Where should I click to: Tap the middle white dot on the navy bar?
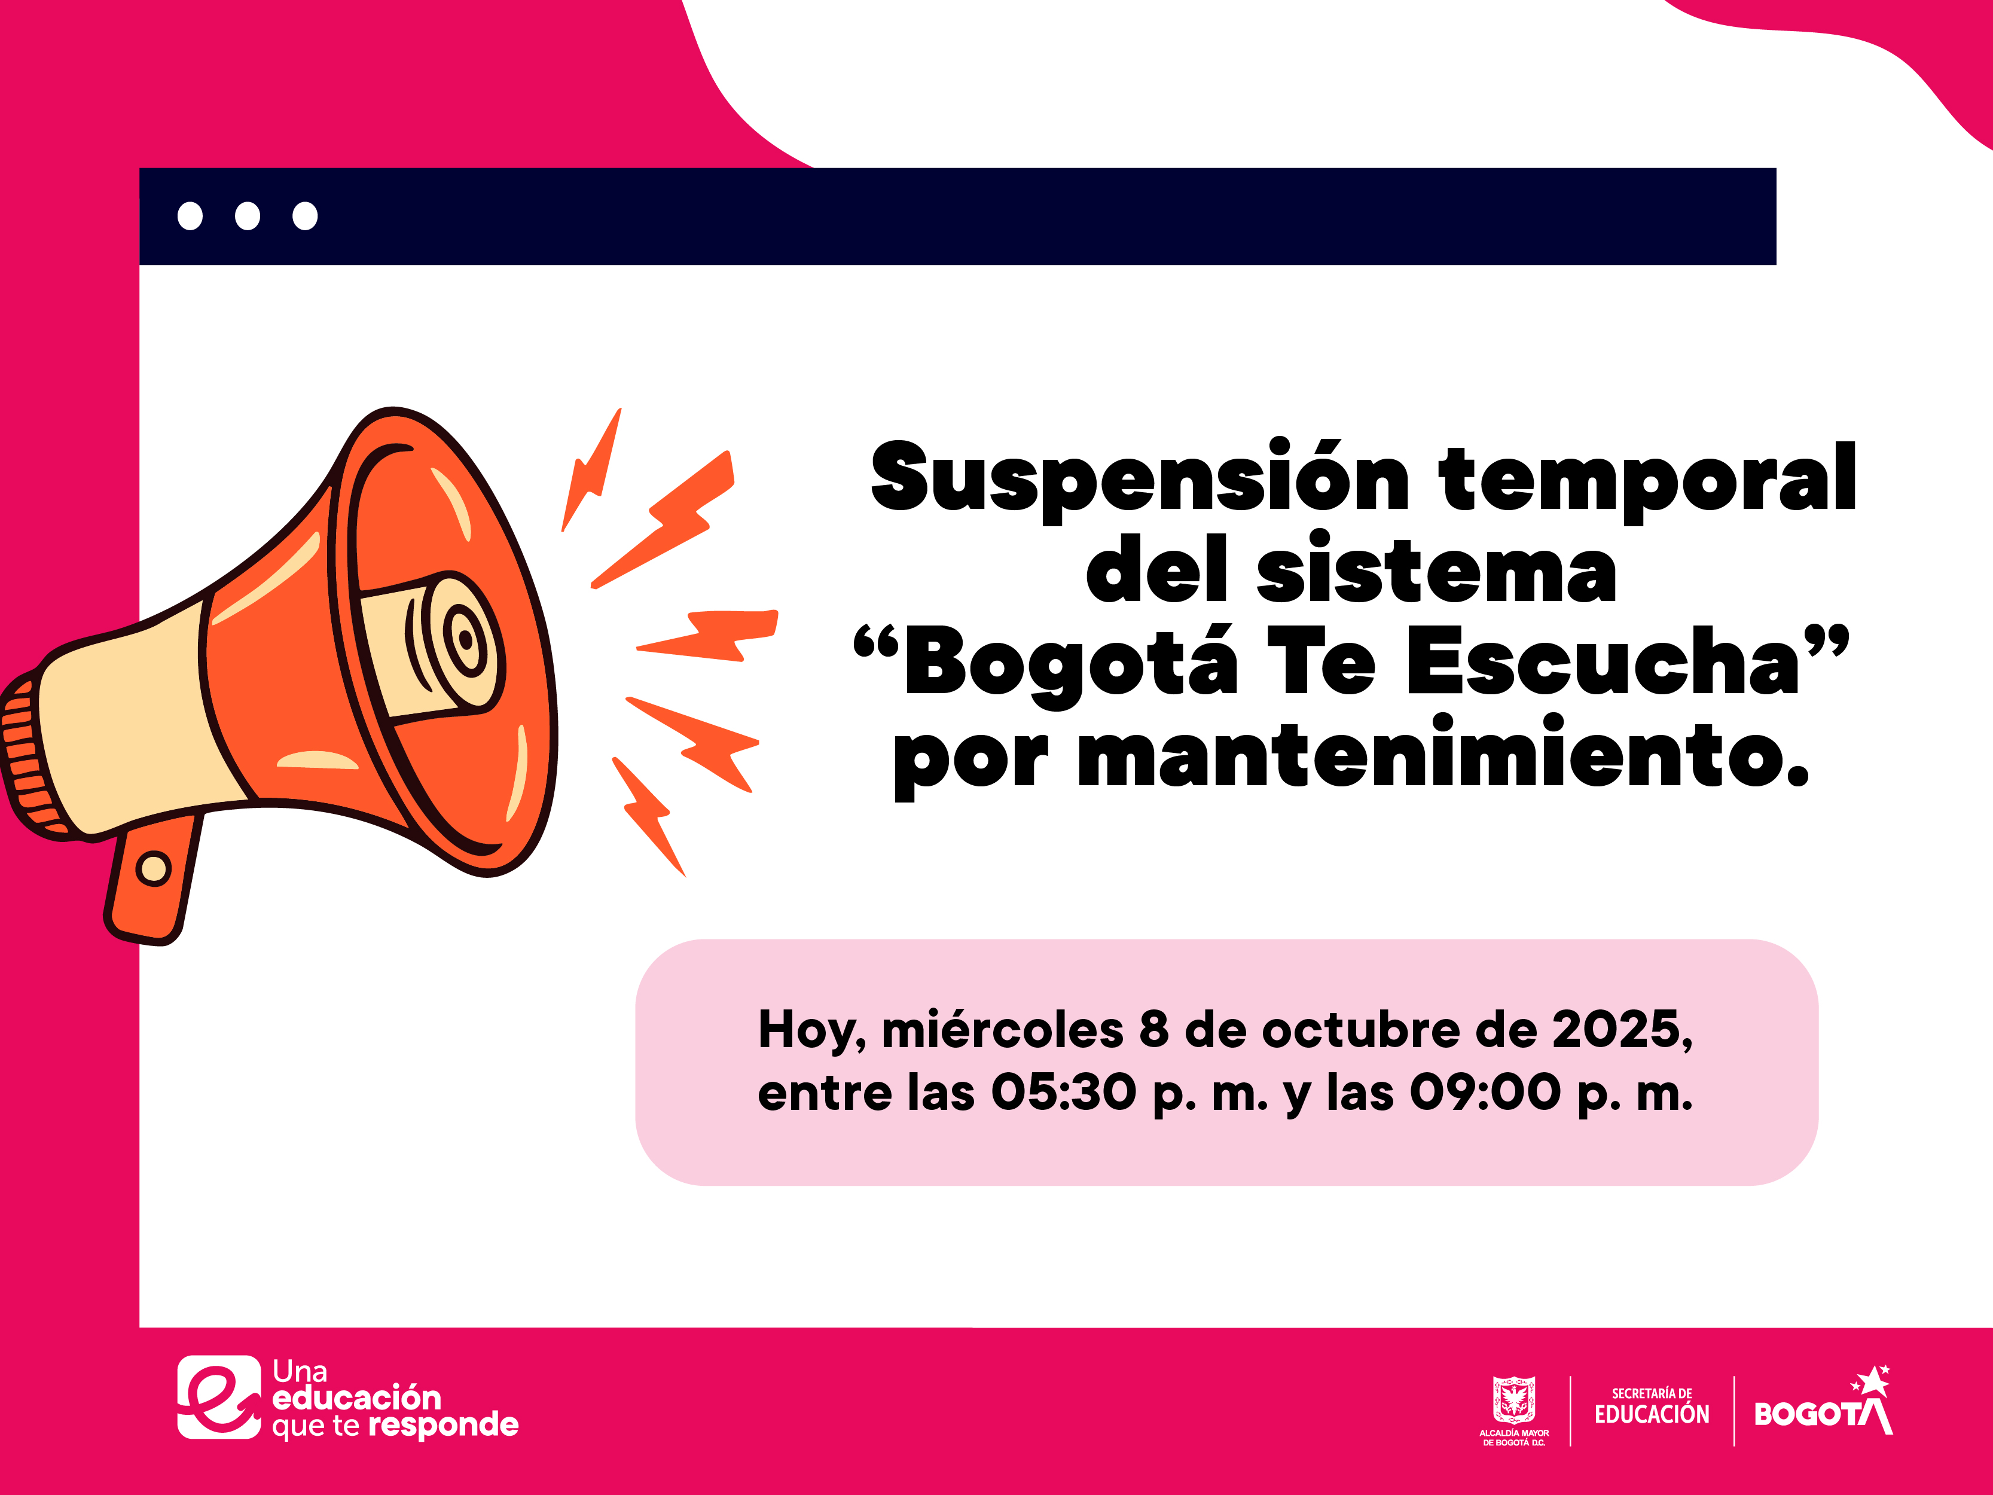coord(247,216)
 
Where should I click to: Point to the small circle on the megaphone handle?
coord(153,869)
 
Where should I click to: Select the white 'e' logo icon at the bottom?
coord(219,1398)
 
